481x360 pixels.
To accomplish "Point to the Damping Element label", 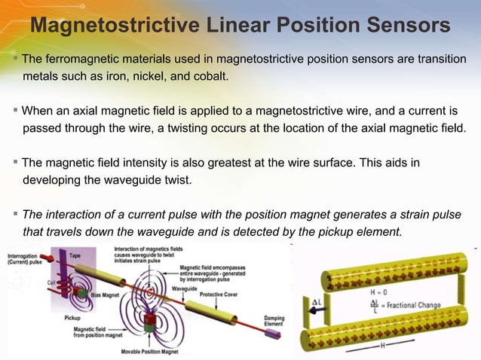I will pyautogui.click(x=274, y=322).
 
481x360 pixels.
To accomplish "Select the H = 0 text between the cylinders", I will pyautogui.click(x=378, y=290).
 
